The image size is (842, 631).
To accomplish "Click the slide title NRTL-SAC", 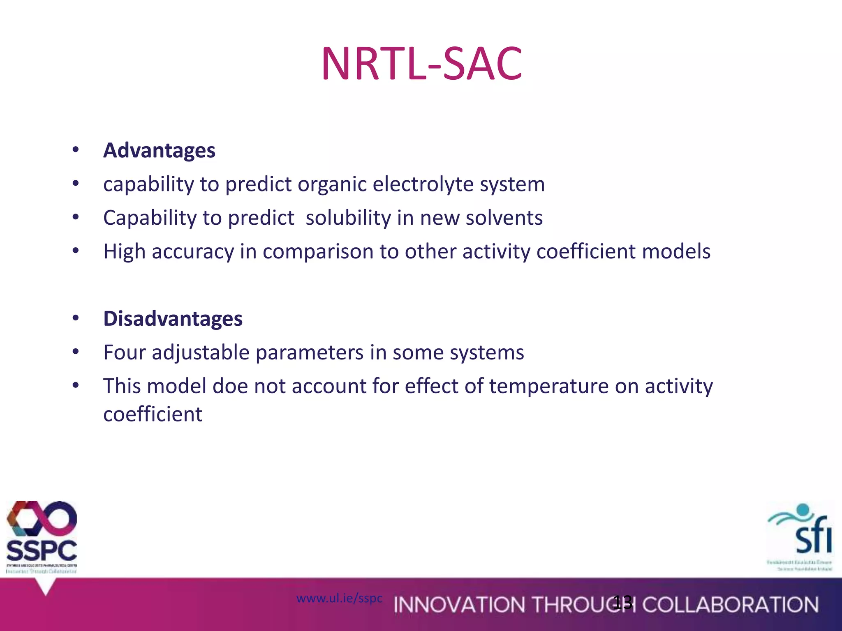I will (421, 64).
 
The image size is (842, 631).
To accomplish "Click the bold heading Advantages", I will (159, 150).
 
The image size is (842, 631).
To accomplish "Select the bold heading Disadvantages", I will (173, 319).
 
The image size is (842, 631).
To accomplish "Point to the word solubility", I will (348, 218).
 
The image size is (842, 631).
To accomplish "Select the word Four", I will (124, 353).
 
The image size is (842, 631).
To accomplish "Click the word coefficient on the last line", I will (153, 415).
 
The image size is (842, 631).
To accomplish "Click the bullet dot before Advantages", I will (75, 150).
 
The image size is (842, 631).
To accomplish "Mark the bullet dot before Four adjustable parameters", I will (75, 352).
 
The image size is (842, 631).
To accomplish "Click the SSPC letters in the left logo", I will (42, 551).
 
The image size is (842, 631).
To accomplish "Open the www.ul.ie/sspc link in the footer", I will (339, 599).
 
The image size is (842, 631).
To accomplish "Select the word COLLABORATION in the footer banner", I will (730, 605).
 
